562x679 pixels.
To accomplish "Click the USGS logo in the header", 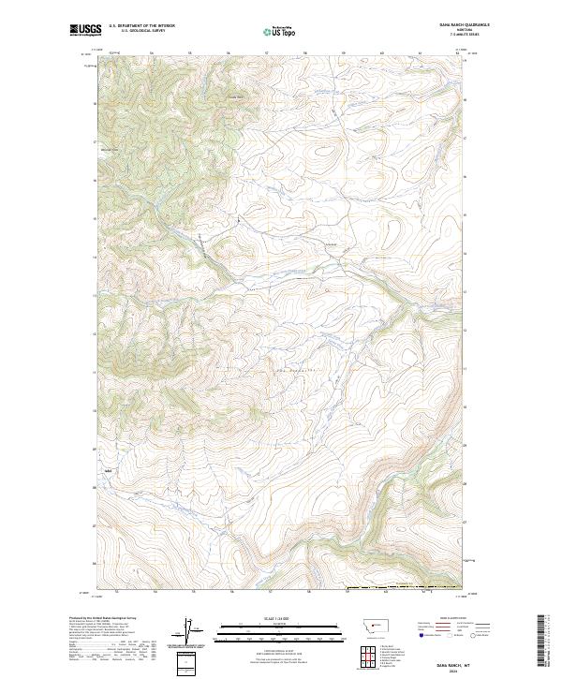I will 85,31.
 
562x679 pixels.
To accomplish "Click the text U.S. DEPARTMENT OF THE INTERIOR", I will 141,26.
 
